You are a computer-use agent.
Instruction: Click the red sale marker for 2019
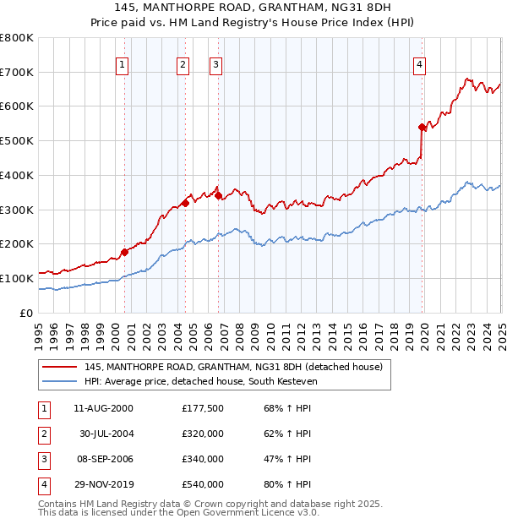coord(422,127)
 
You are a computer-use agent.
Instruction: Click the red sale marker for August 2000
coord(124,251)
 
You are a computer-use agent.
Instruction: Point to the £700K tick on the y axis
coord(17,72)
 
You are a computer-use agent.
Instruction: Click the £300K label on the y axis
coord(17,210)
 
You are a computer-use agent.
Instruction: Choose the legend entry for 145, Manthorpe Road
coord(233,367)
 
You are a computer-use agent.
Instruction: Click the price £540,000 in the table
coord(203,485)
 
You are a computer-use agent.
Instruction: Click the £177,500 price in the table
coord(203,408)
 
